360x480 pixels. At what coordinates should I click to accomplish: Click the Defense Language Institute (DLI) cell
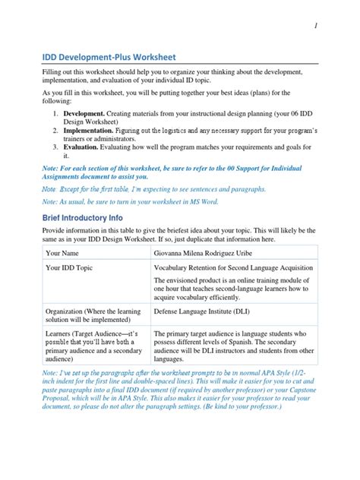pyautogui.click(x=202, y=311)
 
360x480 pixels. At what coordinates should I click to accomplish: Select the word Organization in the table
pyautogui.click(x=66, y=311)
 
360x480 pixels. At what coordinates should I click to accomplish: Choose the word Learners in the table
pyautogui.click(x=61, y=333)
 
